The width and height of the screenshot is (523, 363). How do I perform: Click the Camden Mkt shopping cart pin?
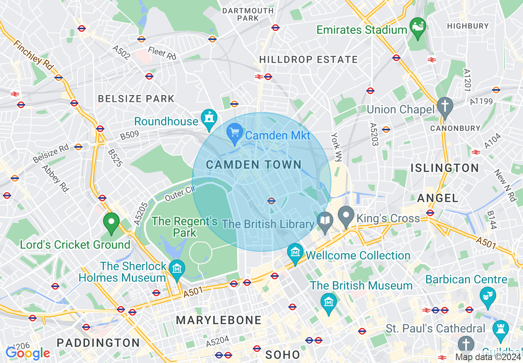pos(235,132)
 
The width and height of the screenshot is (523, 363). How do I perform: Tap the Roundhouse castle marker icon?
pos(209,118)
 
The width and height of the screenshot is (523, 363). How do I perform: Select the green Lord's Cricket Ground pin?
pos(111,222)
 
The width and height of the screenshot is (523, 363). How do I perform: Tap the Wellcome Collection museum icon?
pos(295,252)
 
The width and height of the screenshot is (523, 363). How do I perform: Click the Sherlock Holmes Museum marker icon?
pos(177,269)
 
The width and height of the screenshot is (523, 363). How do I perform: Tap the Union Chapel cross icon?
pos(445,106)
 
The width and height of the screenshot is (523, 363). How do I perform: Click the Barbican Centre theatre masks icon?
pos(488,296)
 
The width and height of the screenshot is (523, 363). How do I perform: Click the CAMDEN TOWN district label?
pos(254,165)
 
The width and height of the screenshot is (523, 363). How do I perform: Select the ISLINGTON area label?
pos(445,168)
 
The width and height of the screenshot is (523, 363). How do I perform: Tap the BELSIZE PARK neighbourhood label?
pos(136,99)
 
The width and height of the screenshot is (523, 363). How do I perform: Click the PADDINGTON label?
pos(98,343)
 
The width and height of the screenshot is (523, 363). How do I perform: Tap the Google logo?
pos(28,353)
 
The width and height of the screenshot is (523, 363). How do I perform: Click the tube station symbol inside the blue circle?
pos(271,201)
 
